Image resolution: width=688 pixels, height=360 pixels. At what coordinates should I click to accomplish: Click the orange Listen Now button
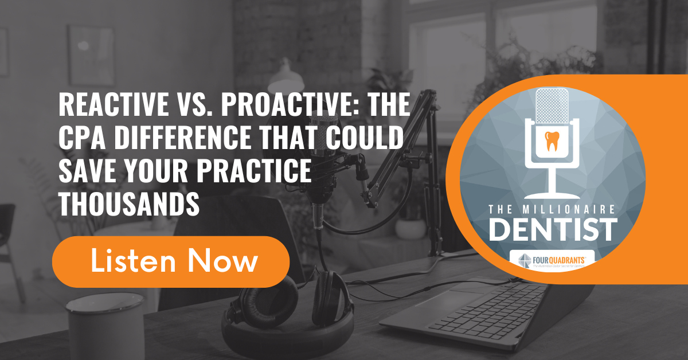[x=170, y=262]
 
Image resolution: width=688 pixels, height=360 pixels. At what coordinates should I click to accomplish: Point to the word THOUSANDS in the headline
[x=129, y=204]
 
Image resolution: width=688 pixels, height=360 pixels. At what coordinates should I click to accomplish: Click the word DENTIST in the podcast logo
[x=553, y=229]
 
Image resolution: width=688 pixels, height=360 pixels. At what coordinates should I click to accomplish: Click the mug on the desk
[x=91, y=327]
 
